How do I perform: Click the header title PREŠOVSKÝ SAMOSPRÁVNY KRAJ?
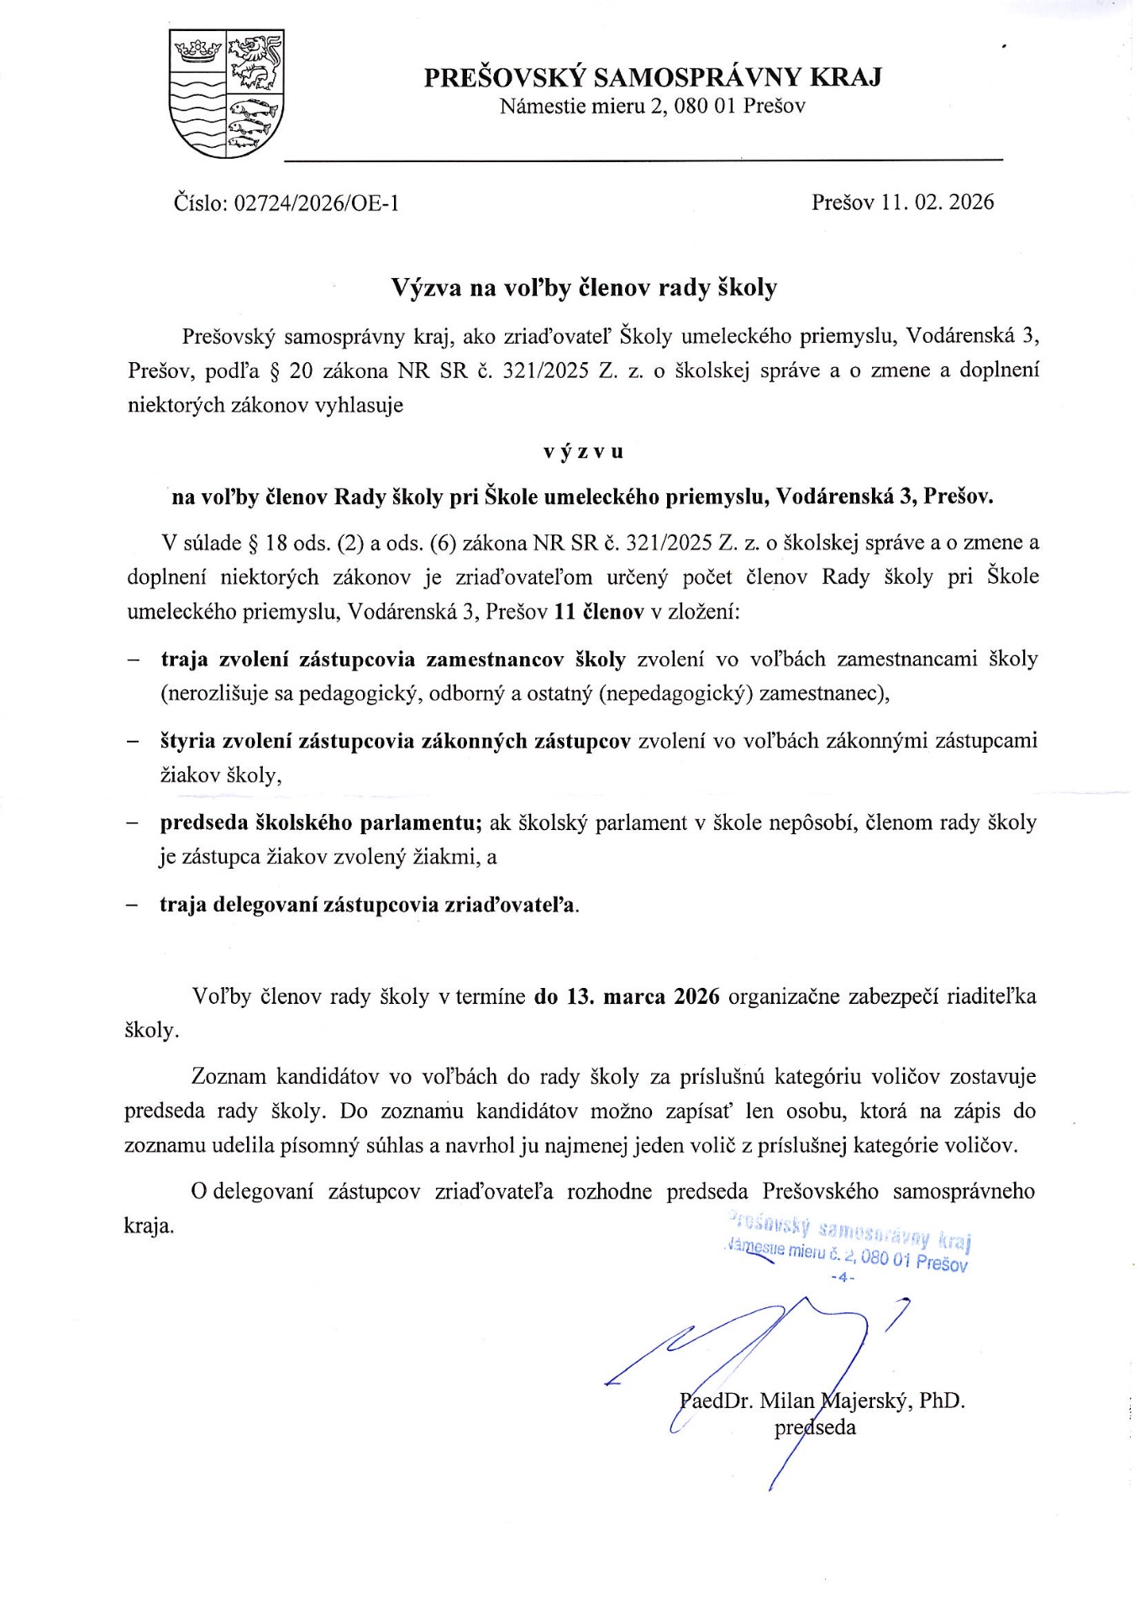[x=652, y=78]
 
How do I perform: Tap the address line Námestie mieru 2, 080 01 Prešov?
[x=652, y=107]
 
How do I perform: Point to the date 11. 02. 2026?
[x=938, y=202]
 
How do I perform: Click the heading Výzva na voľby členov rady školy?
[x=584, y=288]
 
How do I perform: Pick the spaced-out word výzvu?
[x=583, y=451]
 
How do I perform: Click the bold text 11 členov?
[x=599, y=612]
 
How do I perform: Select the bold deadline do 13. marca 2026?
[x=627, y=996]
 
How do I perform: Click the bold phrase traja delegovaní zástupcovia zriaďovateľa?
[x=369, y=905]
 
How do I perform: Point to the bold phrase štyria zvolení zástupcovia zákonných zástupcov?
[x=395, y=741]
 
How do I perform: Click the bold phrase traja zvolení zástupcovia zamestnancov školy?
[x=393, y=659]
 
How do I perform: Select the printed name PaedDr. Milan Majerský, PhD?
[x=822, y=1400]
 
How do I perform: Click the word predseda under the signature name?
[x=815, y=1427]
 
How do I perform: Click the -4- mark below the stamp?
[x=842, y=1278]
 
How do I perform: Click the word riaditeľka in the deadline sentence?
[x=990, y=996]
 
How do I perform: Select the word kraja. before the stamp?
[x=150, y=1226]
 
